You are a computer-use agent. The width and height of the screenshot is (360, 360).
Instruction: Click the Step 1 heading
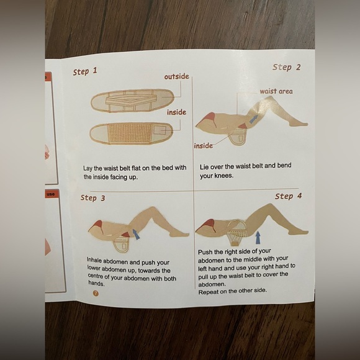pos(85,71)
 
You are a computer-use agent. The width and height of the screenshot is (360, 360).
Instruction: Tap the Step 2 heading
pos(287,67)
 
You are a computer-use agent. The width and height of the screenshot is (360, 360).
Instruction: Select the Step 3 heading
pos(92,198)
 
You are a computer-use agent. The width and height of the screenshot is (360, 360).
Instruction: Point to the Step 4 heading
pos(289,196)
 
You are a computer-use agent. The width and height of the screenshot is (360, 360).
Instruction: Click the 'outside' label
pos(176,76)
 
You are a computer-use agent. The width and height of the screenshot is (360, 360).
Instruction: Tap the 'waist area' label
pos(276,91)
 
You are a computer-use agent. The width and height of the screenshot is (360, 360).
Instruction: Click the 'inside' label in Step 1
pos(176,112)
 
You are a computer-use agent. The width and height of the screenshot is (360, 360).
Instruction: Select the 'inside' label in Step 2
pos(204,146)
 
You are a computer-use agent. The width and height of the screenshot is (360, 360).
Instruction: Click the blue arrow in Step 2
pos(253,119)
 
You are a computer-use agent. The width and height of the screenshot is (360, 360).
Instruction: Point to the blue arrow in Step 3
pos(137,235)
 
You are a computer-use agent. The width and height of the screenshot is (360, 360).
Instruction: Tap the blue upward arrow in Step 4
pos(258,237)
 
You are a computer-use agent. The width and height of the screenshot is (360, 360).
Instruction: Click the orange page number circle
pos(96,293)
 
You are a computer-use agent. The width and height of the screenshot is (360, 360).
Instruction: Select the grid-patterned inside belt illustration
pos(131,134)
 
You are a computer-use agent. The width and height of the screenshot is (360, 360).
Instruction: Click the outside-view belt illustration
pos(132,101)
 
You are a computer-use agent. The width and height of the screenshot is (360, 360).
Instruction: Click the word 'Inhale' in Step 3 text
pos(94,260)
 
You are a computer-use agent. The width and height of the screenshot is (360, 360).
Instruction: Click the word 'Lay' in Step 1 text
pos(88,168)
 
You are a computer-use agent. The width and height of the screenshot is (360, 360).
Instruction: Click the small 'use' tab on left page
pos(50,194)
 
